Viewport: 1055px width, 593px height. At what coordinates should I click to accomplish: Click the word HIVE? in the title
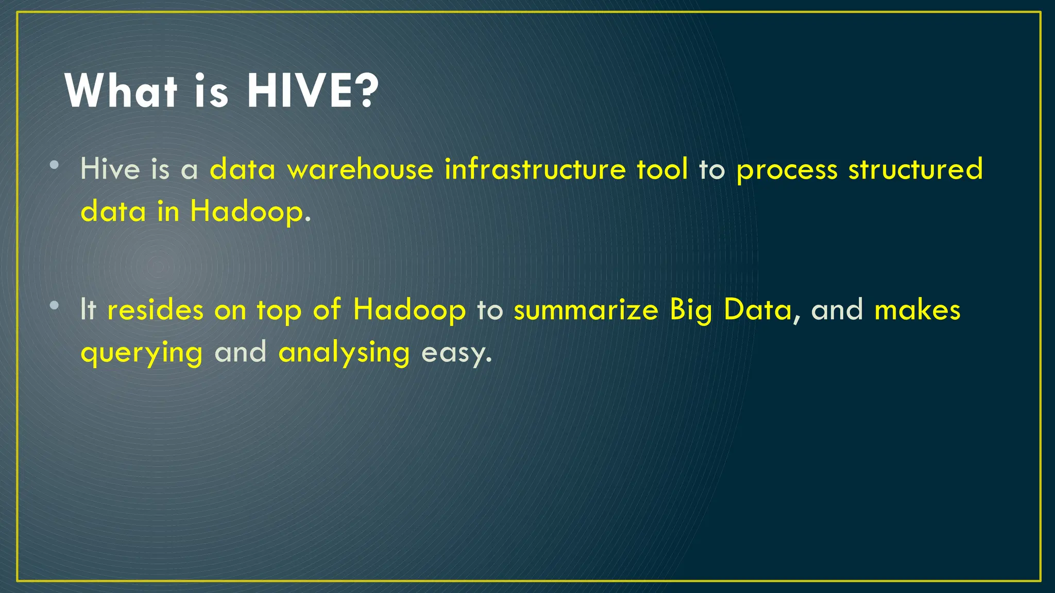[313, 91]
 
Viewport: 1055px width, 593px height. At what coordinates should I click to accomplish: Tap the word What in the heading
[121, 91]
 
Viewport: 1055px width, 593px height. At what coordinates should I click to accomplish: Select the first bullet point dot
[55, 166]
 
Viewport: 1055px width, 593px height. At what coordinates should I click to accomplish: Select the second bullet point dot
[55, 306]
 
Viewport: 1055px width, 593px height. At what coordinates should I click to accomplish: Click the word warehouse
[361, 169]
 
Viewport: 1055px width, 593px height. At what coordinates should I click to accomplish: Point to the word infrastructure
[535, 169]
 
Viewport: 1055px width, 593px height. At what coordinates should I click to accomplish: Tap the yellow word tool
[662, 169]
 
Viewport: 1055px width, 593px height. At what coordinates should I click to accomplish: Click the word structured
[915, 169]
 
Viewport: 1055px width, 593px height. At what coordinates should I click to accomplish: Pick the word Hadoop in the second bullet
[409, 310]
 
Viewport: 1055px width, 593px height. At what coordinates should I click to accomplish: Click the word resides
[155, 310]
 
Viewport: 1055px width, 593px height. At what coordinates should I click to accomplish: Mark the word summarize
[586, 310]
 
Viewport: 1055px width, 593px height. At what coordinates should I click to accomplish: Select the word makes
[917, 310]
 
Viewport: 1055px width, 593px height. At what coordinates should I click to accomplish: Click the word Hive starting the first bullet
[110, 169]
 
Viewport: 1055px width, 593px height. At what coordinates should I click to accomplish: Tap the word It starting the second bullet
[88, 310]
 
